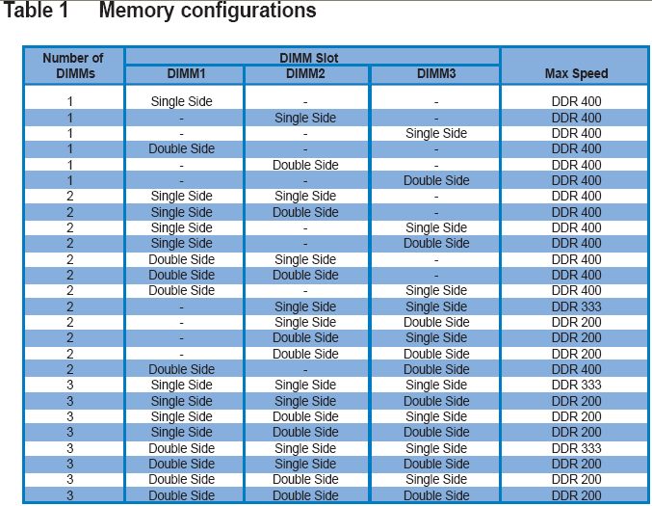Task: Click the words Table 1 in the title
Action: [x=36, y=10]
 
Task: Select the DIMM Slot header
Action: [x=308, y=58]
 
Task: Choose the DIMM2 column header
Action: [x=305, y=73]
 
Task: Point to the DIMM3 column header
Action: [x=436, y=73]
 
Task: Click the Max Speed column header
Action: [x=576, y=73]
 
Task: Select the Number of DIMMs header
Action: [x=73, y=66]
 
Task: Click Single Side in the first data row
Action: [x=182, y=101]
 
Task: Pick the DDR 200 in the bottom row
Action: [x=576, y=495]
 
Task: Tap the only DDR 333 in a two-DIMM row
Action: [x=576, y=306]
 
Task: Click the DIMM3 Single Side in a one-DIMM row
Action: [x=436, y=134]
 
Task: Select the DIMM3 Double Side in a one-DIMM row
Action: [x=436, y=180]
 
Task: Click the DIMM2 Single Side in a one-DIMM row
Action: [x=305, y=119]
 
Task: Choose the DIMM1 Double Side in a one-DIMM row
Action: [x=182, y=149]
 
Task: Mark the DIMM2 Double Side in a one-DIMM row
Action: [x=305, y=165]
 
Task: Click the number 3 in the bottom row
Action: [x=70, y=495]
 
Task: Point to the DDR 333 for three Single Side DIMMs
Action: [x=576, y=385]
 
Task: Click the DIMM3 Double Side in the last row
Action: [x=436, y=495]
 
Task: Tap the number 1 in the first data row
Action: [x=70, y=101]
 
